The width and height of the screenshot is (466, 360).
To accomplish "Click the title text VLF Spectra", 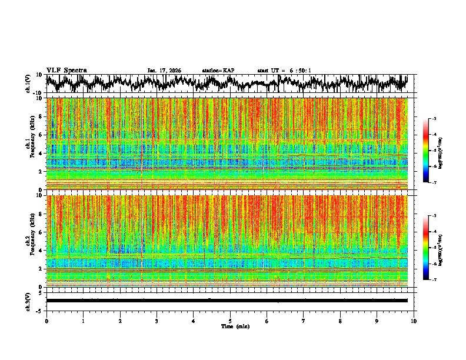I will click(66, 70).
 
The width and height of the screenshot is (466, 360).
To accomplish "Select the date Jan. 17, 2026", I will click(164, 71).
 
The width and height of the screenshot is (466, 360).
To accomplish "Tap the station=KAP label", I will click(218, 71).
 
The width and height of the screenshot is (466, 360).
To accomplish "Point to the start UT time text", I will click(284, 71).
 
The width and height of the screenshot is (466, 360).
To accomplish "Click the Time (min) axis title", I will click(235, 326).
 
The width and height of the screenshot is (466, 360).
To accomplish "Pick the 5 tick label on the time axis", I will click(231, 321).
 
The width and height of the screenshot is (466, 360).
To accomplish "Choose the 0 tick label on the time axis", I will click(46, 321).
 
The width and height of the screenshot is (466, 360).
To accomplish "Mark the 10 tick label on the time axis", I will click(414, 321).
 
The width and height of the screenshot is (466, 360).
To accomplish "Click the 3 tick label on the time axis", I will click(157, 321).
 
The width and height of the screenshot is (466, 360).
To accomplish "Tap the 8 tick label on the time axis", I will click(341, 321).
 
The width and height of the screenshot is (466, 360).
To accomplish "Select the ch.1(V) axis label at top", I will click(28, 84).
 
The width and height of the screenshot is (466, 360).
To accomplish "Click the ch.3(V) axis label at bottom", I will click(28, 301).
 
